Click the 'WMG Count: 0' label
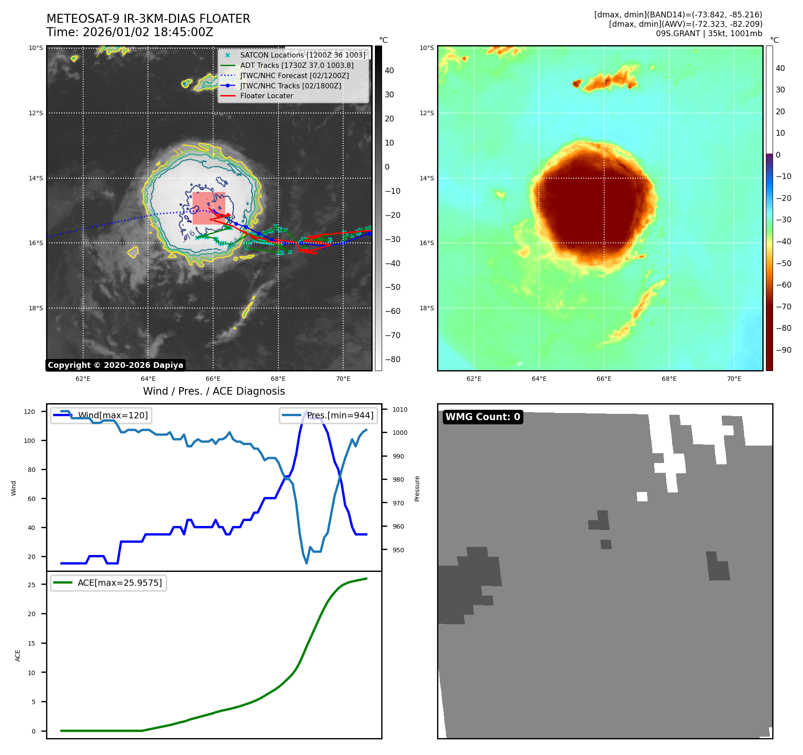click(483, 417)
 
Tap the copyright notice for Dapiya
click(115, 365)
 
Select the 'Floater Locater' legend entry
click(266, 96)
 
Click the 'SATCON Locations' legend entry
click(303, 55)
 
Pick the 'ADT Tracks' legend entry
click(296, 66)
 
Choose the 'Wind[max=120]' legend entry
click(113, 416)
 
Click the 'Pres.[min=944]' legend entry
click(340, 416)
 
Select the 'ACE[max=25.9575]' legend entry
click(119, 583)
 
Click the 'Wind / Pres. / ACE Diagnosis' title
click(214, 391)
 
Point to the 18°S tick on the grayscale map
click(36, 308)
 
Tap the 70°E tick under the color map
click(734, 379)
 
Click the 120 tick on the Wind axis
click(29, 412)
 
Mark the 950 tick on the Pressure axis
click(398, 550)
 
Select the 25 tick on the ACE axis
click(32, 585)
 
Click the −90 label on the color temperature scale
click(783, 350)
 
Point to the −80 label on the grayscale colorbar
click(392, 359)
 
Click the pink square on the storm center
click(209, 208)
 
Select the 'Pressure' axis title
click(417, 488)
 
